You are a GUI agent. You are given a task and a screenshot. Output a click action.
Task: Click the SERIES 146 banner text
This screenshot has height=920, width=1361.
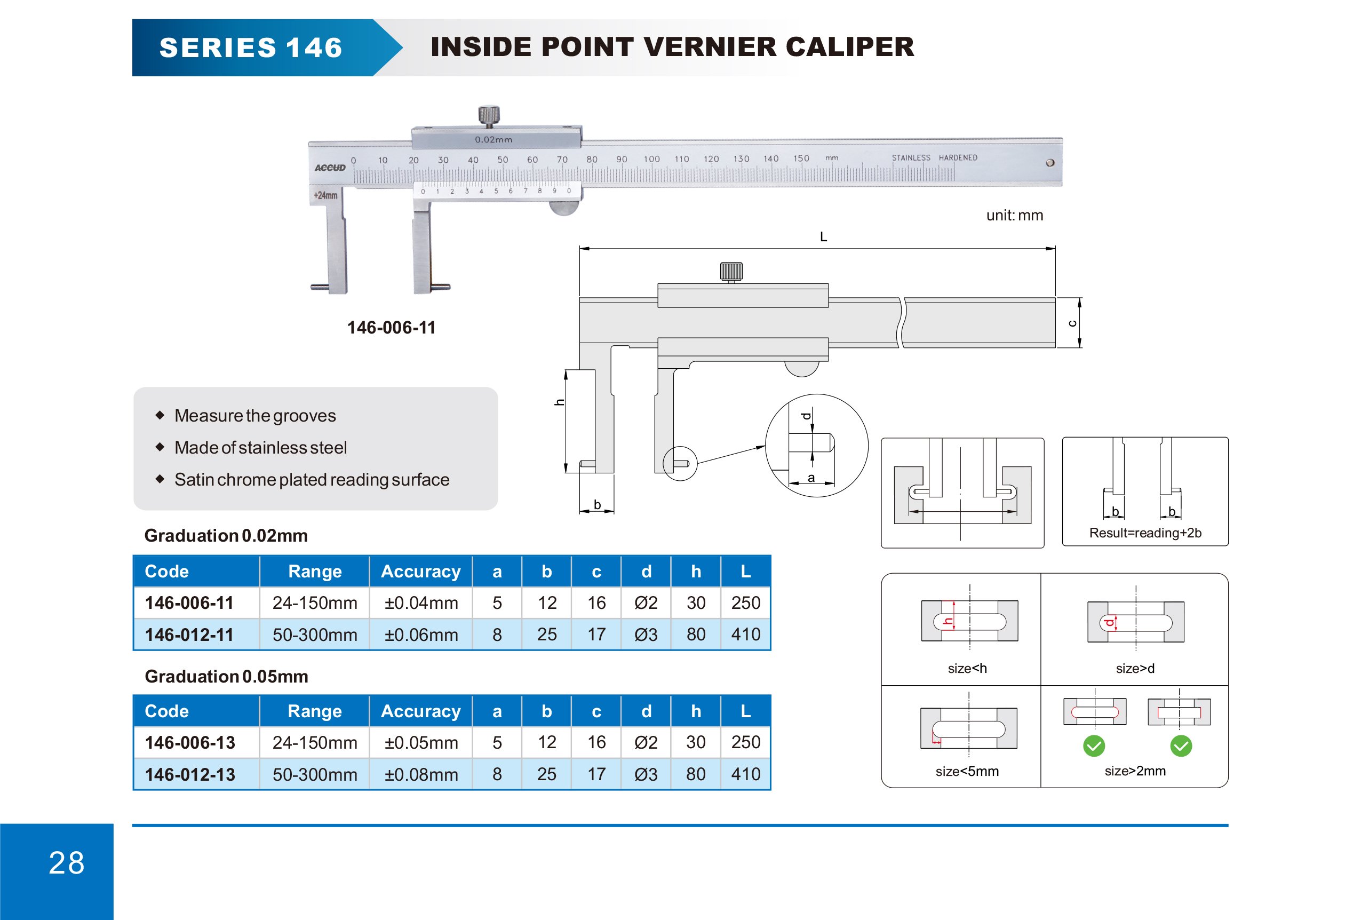[x=251, y=48]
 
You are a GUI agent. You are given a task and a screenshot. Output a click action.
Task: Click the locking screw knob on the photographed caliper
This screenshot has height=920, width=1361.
[x=489, y=115]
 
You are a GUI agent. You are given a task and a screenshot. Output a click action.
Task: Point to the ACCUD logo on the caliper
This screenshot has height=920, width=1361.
[x=330, y=168]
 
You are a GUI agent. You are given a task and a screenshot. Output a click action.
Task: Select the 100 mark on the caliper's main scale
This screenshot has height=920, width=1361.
[x=651, y=159]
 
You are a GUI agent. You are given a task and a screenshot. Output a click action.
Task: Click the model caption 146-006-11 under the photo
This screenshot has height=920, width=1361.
[x=391, y=327]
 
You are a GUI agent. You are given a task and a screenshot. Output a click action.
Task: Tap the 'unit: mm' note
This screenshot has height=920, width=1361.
[x=1014, y=216]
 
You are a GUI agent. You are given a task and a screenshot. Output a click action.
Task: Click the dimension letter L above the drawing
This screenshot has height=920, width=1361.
[x=823, y=236]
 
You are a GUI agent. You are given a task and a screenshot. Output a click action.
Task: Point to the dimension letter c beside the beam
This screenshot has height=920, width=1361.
[x=1072, y=323]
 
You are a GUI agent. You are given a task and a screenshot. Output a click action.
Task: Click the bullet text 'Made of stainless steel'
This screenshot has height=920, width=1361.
[x=260, y=447]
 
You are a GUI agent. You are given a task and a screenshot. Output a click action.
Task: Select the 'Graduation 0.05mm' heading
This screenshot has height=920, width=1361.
[x=226, y=676]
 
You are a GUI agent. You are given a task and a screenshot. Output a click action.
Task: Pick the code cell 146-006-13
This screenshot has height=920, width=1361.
[x=190, y=742]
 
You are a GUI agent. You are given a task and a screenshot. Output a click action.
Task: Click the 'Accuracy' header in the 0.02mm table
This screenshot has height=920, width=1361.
[x=420, y=572]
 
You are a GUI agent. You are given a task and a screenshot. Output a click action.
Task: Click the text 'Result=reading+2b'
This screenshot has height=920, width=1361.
[x=1145, y=533]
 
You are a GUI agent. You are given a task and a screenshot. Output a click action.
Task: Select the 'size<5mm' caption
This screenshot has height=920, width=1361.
[x=967, y=771]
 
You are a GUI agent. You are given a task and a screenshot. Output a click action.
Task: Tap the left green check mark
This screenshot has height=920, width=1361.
[x=1093, y=746]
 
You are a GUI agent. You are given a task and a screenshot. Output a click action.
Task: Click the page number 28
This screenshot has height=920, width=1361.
[x=66, y=863]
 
